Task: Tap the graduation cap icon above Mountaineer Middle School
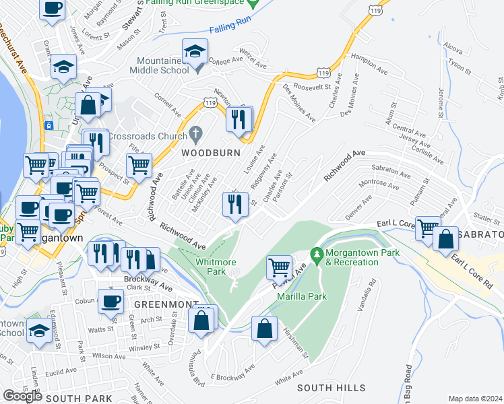[x=195, y=51]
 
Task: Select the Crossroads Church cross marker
[x=196, y=132]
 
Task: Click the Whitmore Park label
[x=210, y=267]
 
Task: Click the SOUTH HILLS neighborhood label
[x=332, y=388]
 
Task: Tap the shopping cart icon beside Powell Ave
[x=279, y=267]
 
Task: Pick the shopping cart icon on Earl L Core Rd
[x=427, y=228]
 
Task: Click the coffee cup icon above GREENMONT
[x=111, y=301]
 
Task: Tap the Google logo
[x=22, y=396]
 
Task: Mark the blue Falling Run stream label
[x=230, y=29]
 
